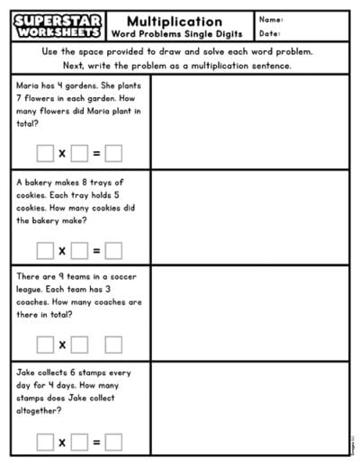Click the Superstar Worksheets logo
[x=58, y=26]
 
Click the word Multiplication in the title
[x=175, y=21]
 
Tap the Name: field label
[x=270, y=20]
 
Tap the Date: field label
[x=269, y=34]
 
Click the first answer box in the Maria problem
[x=44, y=153]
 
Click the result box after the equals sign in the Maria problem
[x=113, y=153]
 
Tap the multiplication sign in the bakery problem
[x=62, y=250]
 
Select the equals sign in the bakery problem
[x=96, y=250]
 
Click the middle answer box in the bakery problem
[x=79, y=250]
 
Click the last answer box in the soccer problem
[x=113, y=344]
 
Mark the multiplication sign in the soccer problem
[x=62, y=345]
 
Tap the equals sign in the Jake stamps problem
[x=96, y=442]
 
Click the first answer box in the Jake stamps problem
[x=44, y=442]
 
